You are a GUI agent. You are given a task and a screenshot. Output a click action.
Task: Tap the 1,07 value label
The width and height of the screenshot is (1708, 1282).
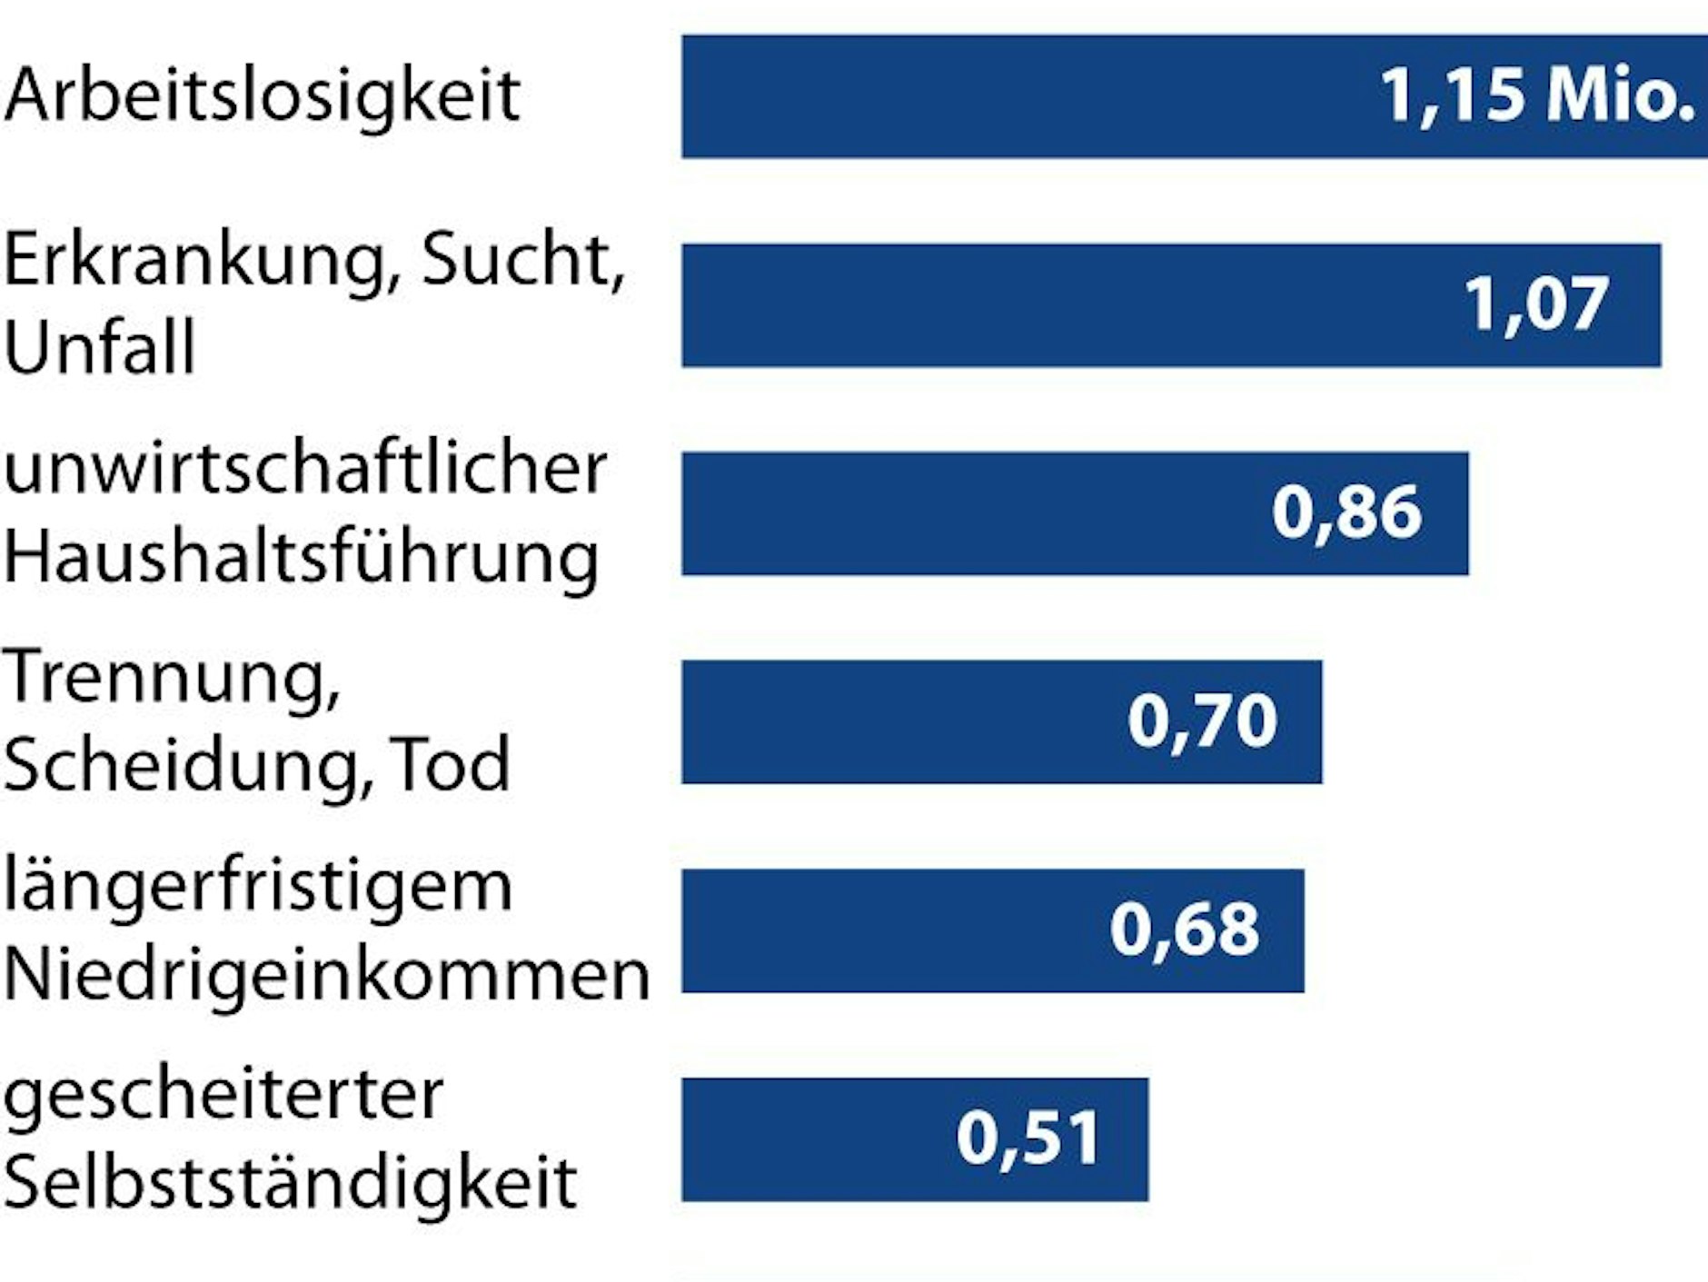pyautogui.click(x=1536, y=303)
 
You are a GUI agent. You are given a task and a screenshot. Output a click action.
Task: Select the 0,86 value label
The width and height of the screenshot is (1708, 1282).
pyautogui.click(x=1346, y=512)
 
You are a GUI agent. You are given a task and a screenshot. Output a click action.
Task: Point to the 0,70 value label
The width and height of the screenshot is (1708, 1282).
pyautogui.click(x=1202, y=721)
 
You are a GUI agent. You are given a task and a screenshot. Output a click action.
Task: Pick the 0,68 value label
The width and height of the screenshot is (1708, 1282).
pyautogui.click(x=1184, y=929)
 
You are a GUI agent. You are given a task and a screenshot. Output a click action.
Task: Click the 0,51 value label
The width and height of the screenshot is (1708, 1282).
pyautogui.click(x=1028, y=1138)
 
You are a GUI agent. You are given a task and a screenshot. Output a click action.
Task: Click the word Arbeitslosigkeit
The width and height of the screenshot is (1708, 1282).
pyautogui.click(x=262, y=95)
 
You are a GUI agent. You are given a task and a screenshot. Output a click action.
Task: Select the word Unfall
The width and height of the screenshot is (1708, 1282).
pyautogui.click(x=100, y=347)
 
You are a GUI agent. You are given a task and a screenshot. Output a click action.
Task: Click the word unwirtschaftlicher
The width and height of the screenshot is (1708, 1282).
pyautogui.click(x=304, y=470)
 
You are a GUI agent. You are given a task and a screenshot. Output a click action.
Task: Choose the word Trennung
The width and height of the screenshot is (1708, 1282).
pyautogui.click(x=171, y=679)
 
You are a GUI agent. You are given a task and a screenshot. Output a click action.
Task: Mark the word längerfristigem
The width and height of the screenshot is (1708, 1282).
pyautogui.click(x=258, y=888)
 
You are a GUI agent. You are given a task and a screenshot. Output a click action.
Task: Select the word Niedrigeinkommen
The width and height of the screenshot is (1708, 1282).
pyautogui.click(x=326, y=975)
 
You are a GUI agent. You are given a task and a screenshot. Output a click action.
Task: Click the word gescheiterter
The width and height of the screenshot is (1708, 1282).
pyautogui.click(x=223, y=1096)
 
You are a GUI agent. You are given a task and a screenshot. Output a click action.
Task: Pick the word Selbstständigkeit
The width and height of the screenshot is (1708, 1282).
pyautogui.click(x=290, y=1183)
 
